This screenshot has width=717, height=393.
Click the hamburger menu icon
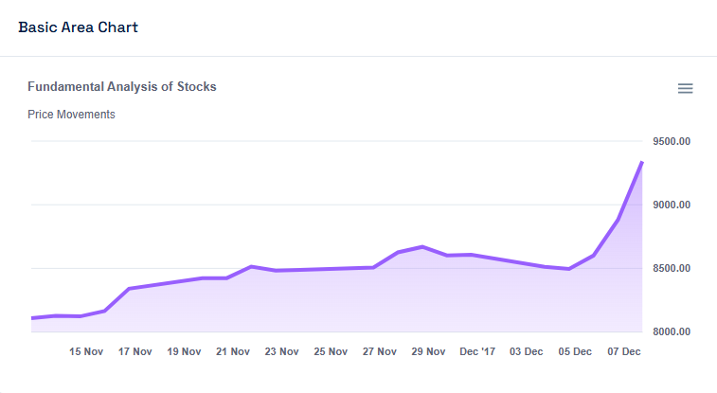tap(686, 88)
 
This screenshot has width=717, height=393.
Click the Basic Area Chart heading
tap(78, 27)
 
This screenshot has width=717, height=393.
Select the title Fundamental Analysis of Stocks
tap(122, 86)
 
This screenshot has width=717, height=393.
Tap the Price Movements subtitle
tap(71, 115)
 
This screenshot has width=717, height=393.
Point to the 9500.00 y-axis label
tap(671, 142)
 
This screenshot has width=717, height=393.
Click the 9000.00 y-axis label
tap(671, 205)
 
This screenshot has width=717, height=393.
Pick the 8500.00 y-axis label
tap(671, 269)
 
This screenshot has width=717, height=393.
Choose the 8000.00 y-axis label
tap(671, 332)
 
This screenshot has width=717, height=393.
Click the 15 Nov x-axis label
tap(86, 351)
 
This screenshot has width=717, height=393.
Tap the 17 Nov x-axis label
tap(135, 351)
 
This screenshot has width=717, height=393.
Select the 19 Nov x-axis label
tap(184, 351)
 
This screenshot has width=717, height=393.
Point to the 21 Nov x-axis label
tap(233, 351)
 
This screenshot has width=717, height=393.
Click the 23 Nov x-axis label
tap(282, 351)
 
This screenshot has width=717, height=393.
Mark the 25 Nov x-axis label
tap(331, 351)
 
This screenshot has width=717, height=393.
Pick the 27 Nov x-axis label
tap(380, 351)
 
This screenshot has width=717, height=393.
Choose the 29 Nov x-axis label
tap(428, 351)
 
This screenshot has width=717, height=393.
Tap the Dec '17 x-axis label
tap(477, 351)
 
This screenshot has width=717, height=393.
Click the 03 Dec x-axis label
tap(527, 351)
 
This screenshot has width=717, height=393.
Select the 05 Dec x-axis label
tap(575, 351)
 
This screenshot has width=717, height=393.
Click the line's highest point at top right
tap(642, 163)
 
